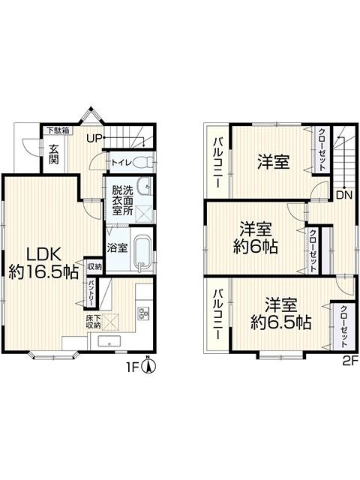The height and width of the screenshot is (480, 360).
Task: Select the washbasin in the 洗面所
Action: point(144,185)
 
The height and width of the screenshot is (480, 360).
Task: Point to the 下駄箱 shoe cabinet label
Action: point(58,130)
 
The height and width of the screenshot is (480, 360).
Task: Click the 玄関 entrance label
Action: point(54,154)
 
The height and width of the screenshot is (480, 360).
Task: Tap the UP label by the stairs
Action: point(94,138)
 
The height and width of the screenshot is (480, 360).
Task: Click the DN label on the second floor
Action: point(344,195)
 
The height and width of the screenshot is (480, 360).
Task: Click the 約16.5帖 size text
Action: point(43,271)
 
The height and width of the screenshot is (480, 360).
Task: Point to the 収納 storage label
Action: point(94,267)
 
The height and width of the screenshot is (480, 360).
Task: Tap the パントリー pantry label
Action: point(91,292)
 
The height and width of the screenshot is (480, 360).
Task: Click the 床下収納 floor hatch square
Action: point(109,322)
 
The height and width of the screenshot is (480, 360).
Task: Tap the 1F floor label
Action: point(133,367)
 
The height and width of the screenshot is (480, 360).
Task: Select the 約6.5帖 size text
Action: point(280,322)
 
